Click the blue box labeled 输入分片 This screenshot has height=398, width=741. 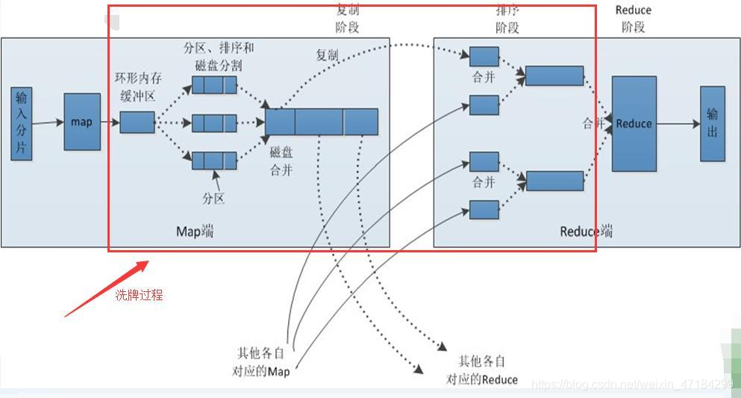(22, 123)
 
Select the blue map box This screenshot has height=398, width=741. (82, 121)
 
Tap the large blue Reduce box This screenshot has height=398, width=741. (634, 123)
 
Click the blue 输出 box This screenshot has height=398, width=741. (712, 123)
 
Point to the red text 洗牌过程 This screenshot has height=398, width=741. (138, 295)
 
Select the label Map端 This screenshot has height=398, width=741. (195, 231)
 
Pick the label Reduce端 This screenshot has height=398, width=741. (586, 231)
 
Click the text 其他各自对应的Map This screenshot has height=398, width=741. (263, 361)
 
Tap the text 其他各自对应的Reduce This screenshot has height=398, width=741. (482, 370)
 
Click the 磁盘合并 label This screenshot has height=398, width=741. (281, 161)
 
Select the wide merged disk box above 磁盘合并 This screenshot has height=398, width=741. (322, 122)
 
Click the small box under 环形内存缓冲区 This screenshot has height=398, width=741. (137, 122)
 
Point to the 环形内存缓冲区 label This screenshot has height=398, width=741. (137, 86)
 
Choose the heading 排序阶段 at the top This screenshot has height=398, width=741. (507, 19)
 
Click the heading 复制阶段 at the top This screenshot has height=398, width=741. (347, 19)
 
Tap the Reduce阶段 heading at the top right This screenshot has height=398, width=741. (633, 19)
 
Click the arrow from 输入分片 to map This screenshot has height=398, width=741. (48, 122)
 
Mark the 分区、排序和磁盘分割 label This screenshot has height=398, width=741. (218, 56)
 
